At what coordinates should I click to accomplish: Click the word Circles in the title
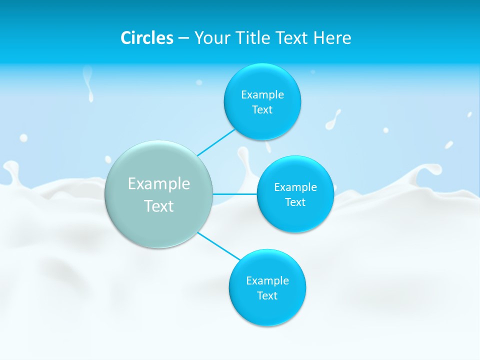point(146,38)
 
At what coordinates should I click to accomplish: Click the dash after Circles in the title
point(183,38)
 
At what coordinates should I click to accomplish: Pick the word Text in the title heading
point(293,38)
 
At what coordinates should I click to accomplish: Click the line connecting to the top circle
point(216,142)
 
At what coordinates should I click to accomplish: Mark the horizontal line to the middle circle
point(235,194)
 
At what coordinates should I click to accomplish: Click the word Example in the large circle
point(159,183)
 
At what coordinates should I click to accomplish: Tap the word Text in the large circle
point(159,206)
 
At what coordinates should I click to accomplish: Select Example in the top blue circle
point(262,94)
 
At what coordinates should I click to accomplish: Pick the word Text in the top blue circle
point(262,109)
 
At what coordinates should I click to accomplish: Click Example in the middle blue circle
point(295,187)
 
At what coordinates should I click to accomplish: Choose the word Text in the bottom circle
point(267,295)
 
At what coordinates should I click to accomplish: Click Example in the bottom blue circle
point(267,280)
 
